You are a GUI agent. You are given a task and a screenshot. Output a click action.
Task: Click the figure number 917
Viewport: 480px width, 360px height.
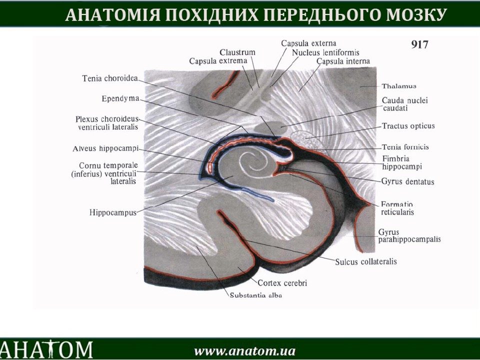[419, 44]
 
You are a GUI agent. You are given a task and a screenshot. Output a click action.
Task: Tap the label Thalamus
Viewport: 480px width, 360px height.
[399, 86]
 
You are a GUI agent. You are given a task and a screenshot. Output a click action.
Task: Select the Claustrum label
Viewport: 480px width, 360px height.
[237, 52]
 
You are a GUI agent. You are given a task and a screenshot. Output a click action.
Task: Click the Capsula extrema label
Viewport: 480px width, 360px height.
[218, 61]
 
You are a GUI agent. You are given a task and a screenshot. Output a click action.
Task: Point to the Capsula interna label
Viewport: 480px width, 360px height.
[343, 61]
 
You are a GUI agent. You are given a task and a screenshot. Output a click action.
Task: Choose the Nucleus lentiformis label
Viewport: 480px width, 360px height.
[325, 52]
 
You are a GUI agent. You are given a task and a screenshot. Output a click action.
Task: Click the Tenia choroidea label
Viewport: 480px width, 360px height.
[110, 78]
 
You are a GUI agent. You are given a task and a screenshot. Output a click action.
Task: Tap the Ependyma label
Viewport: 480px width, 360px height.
[120, 99]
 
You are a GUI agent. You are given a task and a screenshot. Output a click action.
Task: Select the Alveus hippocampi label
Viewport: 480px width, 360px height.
[105, 149]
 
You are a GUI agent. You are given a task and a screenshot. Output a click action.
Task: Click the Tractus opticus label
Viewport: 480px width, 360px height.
[408, 126]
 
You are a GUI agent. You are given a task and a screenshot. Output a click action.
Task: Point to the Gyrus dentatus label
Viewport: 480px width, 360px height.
[408, 181]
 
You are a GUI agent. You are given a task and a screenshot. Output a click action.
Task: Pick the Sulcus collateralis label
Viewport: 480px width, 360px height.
[366, 261]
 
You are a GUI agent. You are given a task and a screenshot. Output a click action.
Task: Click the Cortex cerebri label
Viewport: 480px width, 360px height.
[282, 283]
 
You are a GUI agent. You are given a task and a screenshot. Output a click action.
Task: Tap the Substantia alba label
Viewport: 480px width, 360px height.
[255, 295]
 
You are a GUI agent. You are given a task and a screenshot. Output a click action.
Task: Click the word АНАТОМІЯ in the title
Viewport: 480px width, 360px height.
[112, 14]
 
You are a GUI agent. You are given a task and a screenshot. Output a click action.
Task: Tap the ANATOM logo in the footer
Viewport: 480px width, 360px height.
[46, 349]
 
